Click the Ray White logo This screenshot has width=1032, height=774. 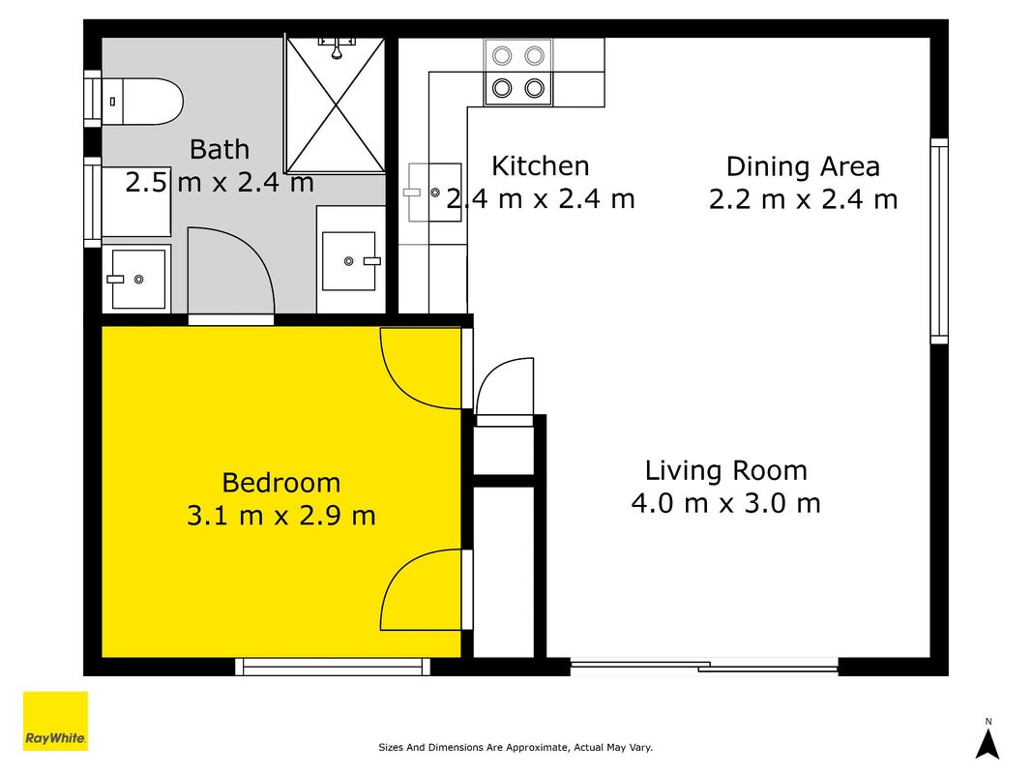click(x=55, y=721)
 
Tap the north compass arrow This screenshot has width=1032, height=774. click(x=988, y=744)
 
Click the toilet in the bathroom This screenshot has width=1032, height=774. click(x=141, y=102)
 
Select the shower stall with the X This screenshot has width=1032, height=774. click(x=336, y=105)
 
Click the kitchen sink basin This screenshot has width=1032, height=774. click(x=434, y=193)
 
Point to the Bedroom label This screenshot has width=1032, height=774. click(x=281, y=483)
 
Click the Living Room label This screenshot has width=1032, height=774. click(x=726, y=470)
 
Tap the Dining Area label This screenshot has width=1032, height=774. click(x=803, y=166)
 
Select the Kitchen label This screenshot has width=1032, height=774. click(x=541, y=165)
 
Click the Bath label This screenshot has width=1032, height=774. click(x=220, y=149)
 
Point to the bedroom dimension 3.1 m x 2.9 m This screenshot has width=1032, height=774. click(x=281, y=515)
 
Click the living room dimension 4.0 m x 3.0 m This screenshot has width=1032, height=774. click(x=726, y=503)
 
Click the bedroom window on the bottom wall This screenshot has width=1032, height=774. click(x=333, y=667)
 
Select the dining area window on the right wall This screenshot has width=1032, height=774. click(x=939, y=241)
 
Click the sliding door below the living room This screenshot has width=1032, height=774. click(x=704, y=667)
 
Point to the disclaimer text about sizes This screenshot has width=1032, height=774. click(x=516, y=747)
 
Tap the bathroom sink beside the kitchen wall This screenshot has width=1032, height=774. click(x=349, y=260)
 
